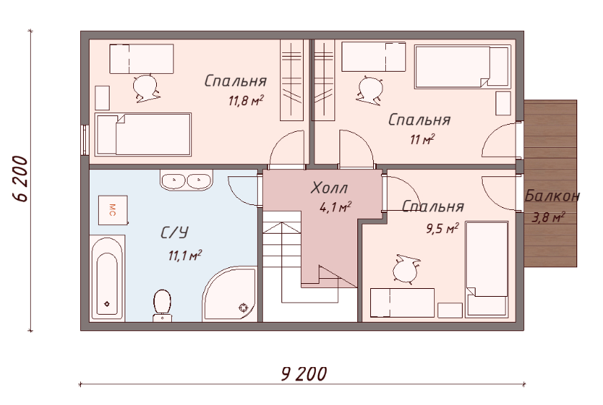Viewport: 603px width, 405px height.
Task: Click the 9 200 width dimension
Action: tap(304, 373)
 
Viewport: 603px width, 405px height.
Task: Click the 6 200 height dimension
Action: tap(20, 178)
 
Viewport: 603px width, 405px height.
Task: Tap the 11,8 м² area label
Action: tap(246, 101)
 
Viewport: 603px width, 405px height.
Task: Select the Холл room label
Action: tap(329, 188)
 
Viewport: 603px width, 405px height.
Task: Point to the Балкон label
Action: tap(552, 196)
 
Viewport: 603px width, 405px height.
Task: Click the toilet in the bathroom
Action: tap(163, 305)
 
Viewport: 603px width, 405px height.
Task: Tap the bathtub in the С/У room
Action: tap(107, 277)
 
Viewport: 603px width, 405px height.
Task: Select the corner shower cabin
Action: tap(230, 293)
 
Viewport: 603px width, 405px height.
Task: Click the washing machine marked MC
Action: tap(112, 210)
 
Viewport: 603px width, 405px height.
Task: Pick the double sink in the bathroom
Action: tap(186, 180)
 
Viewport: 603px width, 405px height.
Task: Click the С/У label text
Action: tap(175, 232)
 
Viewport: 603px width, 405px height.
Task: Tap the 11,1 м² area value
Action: tap(185, 255)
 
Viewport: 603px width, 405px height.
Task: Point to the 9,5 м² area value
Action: tap(443, 229)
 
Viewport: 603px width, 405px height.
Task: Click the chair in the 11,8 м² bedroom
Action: tap(145, 87)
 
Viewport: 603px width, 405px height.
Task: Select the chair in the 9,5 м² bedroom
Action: tap(406, 269)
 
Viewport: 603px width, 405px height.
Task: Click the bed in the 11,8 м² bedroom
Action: tap(143, 134)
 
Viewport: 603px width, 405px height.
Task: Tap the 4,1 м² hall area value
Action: tap(335, 207)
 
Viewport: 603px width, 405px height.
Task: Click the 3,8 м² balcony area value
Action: tap(549, 218)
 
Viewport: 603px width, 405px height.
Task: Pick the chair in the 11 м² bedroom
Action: tap(370, 90)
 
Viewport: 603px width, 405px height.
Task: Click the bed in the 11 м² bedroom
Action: tap(463, 67)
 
